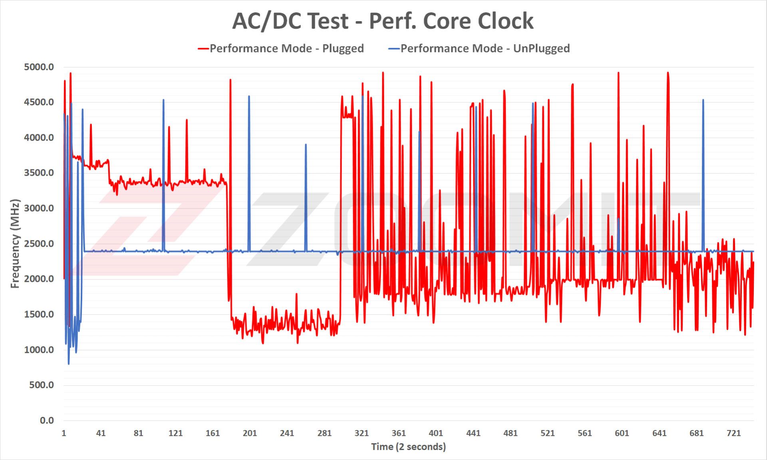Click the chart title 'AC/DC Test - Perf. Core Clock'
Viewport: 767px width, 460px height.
pyautogui.click(x=383, y=21)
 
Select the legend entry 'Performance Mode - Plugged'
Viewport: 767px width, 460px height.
pyautogui.click(x=286, y=48)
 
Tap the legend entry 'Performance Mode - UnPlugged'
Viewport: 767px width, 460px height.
pyautogui.click(x=485, y=48)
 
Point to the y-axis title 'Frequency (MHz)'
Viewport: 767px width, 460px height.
pyautogui.click(x=15, y=243)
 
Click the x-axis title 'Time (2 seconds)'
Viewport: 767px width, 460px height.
pyautogui.click(x=408, y=446)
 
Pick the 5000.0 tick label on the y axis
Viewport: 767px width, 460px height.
pyautogui.click(x=39, y=67)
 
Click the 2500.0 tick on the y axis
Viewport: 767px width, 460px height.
pyautogui.click(x=39, y=244)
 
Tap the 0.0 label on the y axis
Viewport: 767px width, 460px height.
pyautogui.click(x=46, y=420)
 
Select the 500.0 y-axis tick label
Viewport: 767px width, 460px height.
pyautogui.click(x=41, y=385)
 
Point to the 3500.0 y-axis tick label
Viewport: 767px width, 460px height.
pyautogui.click(x=39, y=173)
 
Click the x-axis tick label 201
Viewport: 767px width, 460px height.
pyautogui.click(x=250, y=433)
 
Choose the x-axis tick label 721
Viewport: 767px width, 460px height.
pyautogui.click(x=733, y=433)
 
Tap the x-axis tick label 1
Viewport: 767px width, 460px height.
pyautogui.click(x=64, y=433)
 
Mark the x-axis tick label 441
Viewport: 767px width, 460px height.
pyautogui.click(x=473, y=433)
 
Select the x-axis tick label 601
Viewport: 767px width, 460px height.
pyautogui.click(x=622, y=433)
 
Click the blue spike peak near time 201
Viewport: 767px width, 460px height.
pyautogui.click(x=249, y=96)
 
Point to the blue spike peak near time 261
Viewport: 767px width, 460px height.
pyautogui.click(x=306, y=145)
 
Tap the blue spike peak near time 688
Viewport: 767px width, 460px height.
pyautogui.click(x=703, y=100)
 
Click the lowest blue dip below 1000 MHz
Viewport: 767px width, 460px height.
pyautogui.click(x=69, y=364)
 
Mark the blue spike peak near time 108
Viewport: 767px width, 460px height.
pyautogui.click(x=163, y=100)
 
